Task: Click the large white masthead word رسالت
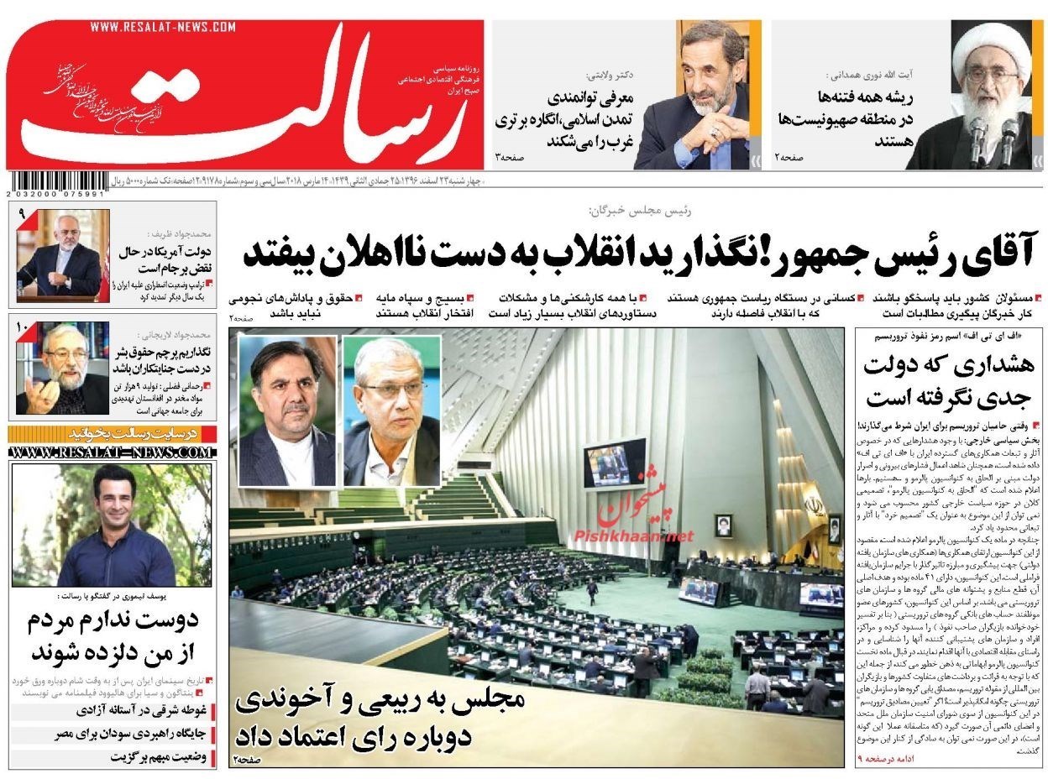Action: tap(252, 97)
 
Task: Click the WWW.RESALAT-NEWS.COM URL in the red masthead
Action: tap(163, 28)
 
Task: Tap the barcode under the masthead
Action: tap(56, 181)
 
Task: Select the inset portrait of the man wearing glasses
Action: tap(391, 410)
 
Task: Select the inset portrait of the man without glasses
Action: tap(287, 410)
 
